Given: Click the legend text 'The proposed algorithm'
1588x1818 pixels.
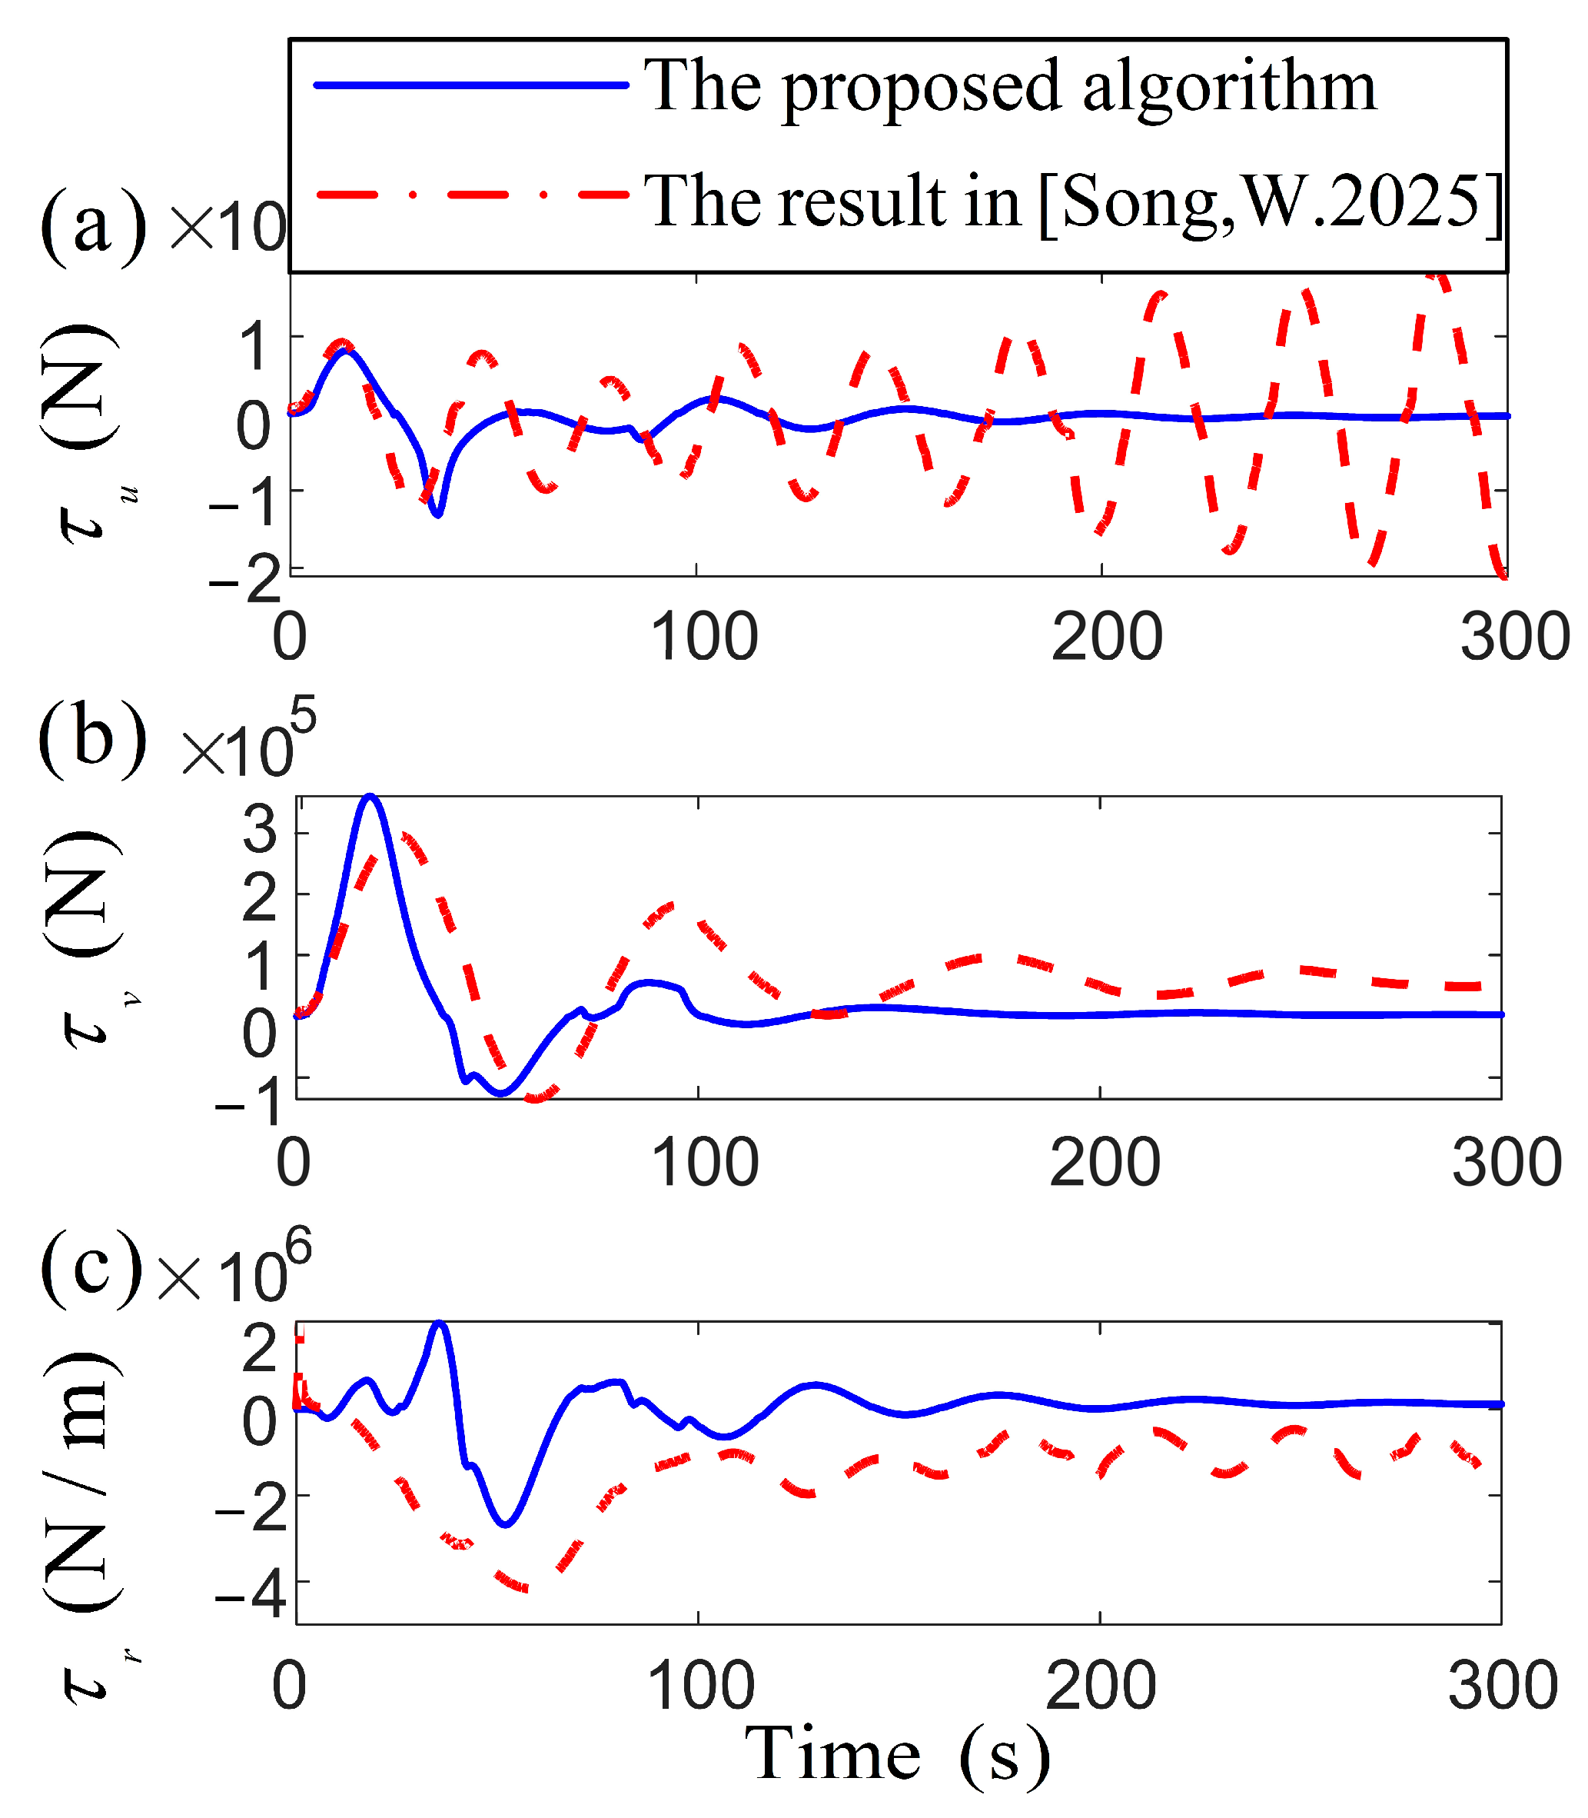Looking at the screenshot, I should (x=1010, y=86).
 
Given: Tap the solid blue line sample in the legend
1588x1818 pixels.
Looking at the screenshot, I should (x=470, y=85).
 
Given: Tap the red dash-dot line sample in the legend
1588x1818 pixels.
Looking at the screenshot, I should (x=470, y=194).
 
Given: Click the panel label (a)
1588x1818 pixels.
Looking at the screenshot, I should (x=93, y=226).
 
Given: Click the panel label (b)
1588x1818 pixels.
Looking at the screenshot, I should (x=93, y=738).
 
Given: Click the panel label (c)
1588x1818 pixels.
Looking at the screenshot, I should (x=91, y=1267).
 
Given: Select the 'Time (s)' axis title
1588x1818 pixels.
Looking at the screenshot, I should (x=897, y=1753).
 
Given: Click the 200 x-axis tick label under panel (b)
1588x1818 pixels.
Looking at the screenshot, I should (x=1105, y=1162).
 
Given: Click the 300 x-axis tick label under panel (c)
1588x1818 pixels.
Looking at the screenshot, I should (x=1502, y=1685).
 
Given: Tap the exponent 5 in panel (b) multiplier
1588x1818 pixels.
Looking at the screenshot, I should (x=302, y=716).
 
